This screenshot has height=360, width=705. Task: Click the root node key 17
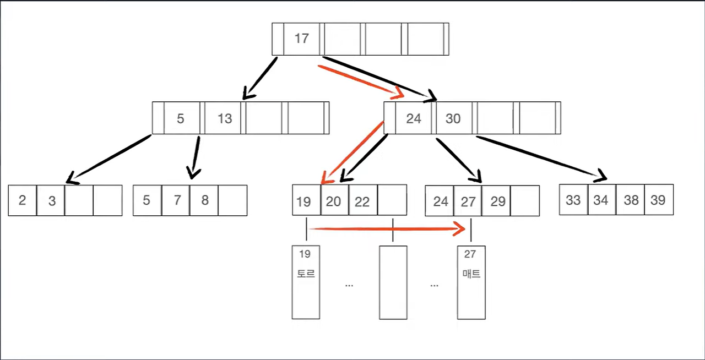click(301, 39)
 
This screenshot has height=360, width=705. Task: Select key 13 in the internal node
click(225, 118)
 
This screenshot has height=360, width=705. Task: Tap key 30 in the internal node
click(453, 118)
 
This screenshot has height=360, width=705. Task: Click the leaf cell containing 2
click(22, 200)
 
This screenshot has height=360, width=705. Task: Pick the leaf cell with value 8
click(204, 200)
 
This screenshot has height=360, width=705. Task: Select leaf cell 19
click(303, 201)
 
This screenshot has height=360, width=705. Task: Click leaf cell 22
click(362, 201)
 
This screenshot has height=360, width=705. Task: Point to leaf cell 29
click(497, 201)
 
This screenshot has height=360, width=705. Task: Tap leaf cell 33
click(573, 200)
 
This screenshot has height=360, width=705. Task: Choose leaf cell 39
click(658, 200)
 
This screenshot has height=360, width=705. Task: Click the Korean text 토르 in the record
click(306, 273)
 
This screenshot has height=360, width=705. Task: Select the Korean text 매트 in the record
click(471, 273)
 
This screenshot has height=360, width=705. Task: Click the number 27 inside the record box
click(470, 254)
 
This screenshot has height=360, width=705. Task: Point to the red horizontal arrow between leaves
click(386, 229)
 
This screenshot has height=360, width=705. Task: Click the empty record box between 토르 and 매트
click(393, 282)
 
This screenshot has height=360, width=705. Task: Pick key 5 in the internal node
click(181, 118)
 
